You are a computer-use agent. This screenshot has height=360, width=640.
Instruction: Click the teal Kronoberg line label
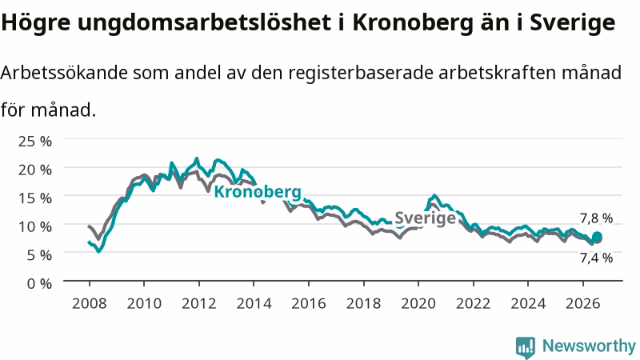[x=258, y=192]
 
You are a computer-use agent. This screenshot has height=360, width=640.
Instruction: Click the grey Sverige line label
[x=425, y=218]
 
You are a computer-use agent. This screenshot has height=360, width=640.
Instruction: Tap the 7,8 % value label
[x=596, y=218]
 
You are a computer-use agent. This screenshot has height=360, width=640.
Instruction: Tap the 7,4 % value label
[x=596, y=258]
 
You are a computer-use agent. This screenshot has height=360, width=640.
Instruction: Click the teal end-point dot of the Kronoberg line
[x=597, y=237]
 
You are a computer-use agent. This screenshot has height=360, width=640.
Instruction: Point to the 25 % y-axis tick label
[x=35, y=142]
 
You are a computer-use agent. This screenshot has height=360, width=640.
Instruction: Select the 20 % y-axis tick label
[x=35, y=170]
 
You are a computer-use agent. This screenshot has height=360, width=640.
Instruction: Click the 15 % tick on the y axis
[x=35, y=198]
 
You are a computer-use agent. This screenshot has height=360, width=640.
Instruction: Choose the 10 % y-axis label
[x=35, y=226]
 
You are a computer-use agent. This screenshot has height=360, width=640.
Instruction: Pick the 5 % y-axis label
[x=39, y=255]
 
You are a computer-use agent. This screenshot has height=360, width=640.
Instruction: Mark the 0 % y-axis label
[x=39, y=283]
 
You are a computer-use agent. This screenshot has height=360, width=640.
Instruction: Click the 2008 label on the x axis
[x=90, y=304]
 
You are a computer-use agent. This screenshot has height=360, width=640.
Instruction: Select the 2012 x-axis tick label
[x=198, y=304]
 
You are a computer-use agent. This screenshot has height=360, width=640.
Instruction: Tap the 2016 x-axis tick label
[x=309, y=304]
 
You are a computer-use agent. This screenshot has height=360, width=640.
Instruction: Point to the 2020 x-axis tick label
[x=418, y=304]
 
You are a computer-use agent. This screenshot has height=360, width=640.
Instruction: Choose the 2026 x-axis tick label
[x=583, y=304]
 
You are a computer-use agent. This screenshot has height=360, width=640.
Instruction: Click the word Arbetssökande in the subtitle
[x=64, y=73]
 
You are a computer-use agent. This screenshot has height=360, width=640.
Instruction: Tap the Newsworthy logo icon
[x=526, y=347]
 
